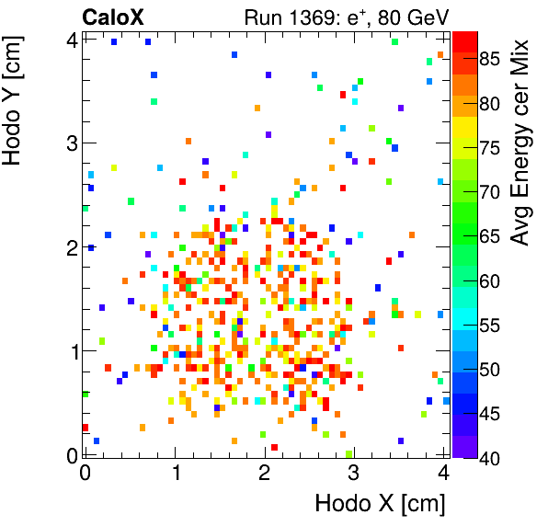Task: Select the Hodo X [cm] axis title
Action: pyautogui.click(x=380, y=504)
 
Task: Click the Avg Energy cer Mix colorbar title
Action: pyautogui.click(x=520, y=143)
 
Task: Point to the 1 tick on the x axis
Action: pyautogui.click(x=175, y=473)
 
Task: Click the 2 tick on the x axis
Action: pyautogui.click(x=265, y=473)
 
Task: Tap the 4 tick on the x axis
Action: pyautogui.click(x=443, y=473)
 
